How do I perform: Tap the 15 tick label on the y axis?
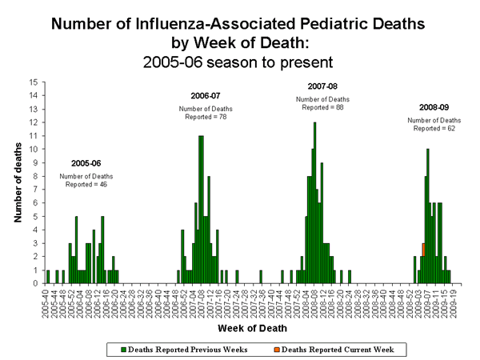(32, 82)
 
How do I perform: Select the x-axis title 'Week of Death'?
(247, 329)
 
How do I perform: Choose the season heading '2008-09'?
(433, 106)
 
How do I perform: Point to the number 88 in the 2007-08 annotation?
(338, 106)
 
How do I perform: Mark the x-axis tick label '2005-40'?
(47, 300)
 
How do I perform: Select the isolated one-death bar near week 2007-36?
(261, 276)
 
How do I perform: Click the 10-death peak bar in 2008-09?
(428, 216)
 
